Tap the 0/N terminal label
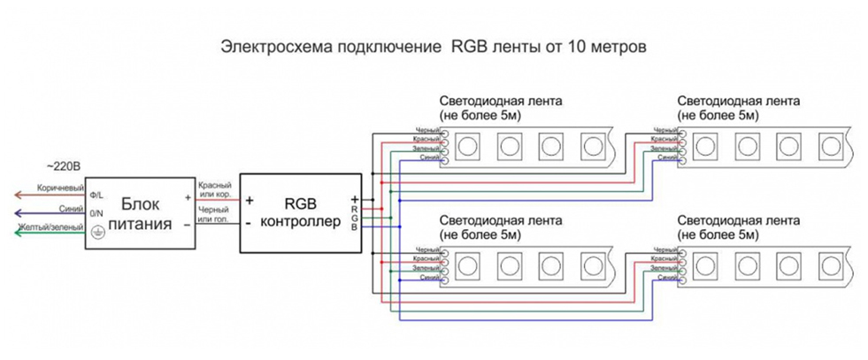96,212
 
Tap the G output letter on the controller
355,218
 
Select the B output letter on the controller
355,227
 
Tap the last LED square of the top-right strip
830,144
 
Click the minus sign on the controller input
250,224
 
